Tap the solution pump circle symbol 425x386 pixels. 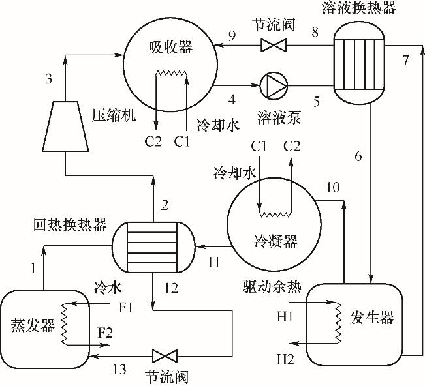tap(271, 85)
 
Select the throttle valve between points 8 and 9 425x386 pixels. tap(270, 45)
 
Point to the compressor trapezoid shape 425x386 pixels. tap(65, 124)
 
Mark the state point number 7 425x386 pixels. tap(405, 61)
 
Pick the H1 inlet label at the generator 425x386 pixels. tap(285, 318)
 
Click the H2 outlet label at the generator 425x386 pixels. tap(285, 359)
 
